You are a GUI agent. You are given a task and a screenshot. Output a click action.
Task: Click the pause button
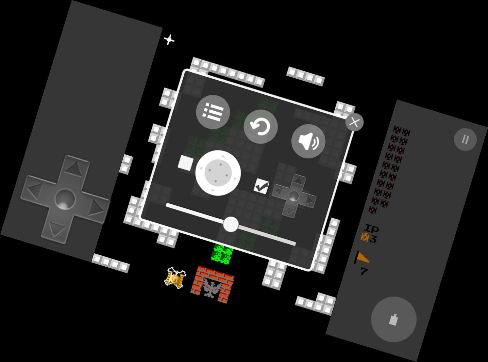click(x=465, y=139)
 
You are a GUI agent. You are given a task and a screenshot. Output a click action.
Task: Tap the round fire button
click(x=394, y=319)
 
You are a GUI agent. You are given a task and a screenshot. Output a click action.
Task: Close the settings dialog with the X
click(x=354, y=122)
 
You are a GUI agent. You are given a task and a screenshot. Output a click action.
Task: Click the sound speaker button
click(x=308, y=141)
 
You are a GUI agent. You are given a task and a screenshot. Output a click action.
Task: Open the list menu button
click(x=213, y=112)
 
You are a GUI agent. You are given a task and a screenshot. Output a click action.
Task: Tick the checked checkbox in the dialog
click(x=262, y=186)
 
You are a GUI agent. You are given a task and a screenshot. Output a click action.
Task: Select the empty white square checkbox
click(x=186, y=163)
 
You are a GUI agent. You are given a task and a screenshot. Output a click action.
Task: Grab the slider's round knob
click(x=231, y=224)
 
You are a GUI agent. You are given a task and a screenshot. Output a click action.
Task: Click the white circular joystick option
click(x=218, y=173)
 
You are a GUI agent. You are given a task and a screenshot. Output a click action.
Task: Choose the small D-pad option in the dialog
click(x=294, y=196)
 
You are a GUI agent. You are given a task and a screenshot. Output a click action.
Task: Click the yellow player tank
click(x=175, y=278)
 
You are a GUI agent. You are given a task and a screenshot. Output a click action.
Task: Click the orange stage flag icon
click(x=361, y=257)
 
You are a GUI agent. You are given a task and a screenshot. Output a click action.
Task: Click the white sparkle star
click(x=169, y=40)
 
